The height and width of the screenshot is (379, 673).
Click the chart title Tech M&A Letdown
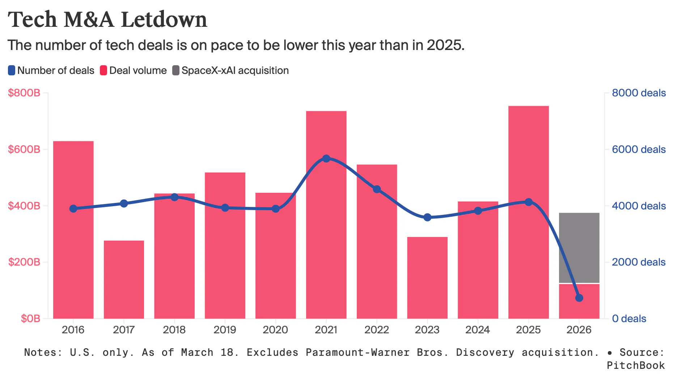click(107, 20)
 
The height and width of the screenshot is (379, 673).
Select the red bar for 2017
click(124, 279)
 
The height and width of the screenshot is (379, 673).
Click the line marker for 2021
click(326, 159)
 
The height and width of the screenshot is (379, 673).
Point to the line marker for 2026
click(579, 298)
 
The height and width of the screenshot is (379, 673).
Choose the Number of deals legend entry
click(51, 70)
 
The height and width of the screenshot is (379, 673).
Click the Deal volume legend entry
click(134, 70)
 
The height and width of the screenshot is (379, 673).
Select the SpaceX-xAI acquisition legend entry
click(230, 70)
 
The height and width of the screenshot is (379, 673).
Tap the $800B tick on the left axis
click(24, 93)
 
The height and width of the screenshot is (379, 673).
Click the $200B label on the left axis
click(24, 262)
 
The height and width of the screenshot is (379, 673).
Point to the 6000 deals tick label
click(638, 149)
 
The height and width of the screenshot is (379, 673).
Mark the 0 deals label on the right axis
click(629, 318)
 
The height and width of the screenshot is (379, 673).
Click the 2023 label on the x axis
click(427, 330)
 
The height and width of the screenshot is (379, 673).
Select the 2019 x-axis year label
click(225, 330)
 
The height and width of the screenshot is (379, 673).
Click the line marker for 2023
click(427, 217)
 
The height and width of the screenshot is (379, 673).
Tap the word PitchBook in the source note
click(635, 365)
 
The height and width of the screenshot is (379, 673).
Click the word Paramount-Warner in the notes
click(357, 352)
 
